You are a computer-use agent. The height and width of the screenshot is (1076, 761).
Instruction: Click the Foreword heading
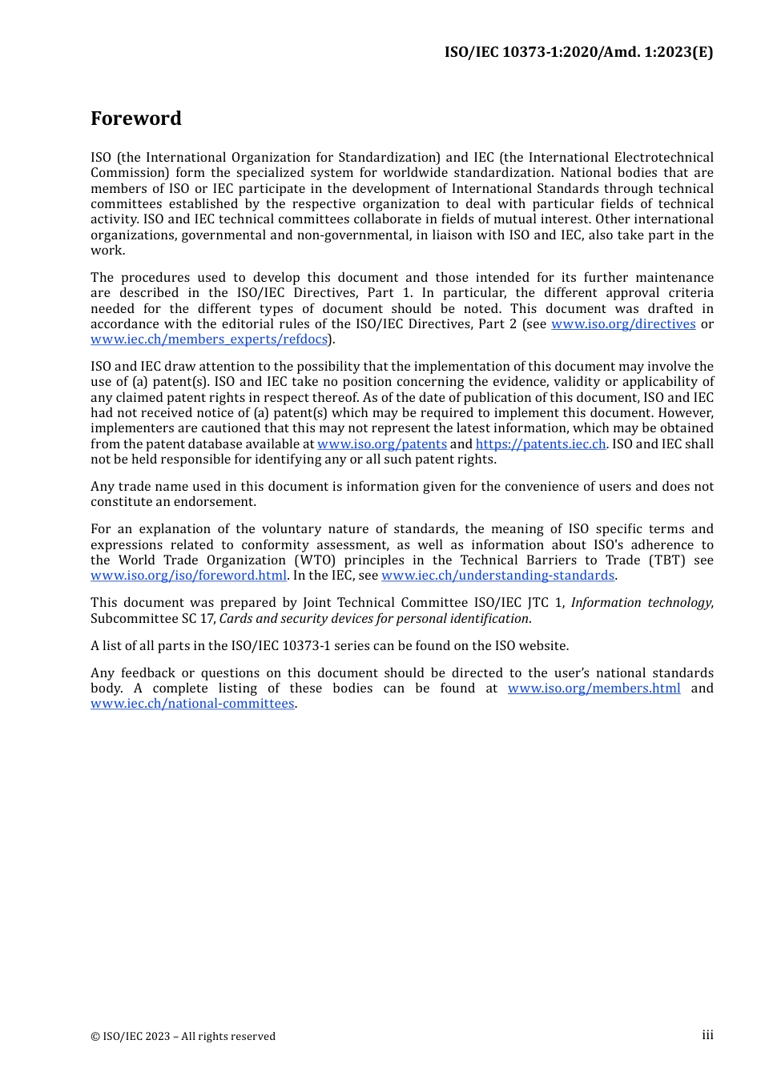click(x=136, y=118)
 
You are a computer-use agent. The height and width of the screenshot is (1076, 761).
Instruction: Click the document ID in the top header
click(x=578, y=52)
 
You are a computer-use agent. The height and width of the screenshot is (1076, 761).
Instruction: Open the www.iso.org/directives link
click(x=622, y=324)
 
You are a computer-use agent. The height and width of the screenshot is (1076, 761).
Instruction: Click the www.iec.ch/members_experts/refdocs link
click(x=208, y=339)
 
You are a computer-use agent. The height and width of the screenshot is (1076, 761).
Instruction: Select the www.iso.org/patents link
click(x=381, y=444)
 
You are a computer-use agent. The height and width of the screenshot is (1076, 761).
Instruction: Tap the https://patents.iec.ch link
click(x=540, y=444)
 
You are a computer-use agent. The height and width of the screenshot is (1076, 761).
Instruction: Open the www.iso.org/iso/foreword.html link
click(x=188, y=576)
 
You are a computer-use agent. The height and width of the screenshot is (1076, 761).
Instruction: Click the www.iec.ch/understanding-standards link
click(x=497, y=576)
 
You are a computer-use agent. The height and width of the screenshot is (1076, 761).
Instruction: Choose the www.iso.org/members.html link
click(x=594, y=689)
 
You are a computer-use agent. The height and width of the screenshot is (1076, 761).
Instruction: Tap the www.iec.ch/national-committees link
click(x=192, y=704)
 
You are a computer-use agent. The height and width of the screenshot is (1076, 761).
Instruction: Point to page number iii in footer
click(x=707, y=1035)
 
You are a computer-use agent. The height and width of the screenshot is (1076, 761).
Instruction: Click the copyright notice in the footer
click(x=183, y=1037)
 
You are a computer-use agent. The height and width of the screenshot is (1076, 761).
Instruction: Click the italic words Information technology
click(x=640, y=603)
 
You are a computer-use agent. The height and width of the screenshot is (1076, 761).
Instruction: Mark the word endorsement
click(x=217, y=502)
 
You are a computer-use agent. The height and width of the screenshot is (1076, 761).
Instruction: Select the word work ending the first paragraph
click(x=107, y=251)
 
